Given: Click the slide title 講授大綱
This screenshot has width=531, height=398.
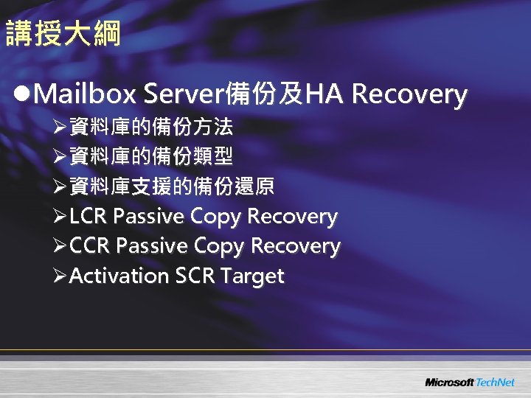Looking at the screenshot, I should (x=63, y=34).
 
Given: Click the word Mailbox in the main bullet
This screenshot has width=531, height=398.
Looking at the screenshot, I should (x=85, y=94).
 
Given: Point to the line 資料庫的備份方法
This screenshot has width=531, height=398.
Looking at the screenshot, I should (x=150, y=128).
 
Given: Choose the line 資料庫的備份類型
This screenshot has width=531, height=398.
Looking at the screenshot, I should (x=150, y=157).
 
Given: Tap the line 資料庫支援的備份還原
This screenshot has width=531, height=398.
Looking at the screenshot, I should (x=171, y=186).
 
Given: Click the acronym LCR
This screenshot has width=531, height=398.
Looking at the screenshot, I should (x=89, y=217).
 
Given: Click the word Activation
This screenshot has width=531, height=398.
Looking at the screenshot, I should (x=119, y=276).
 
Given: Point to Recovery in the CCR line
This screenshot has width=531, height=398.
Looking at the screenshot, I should (x=296, y=246).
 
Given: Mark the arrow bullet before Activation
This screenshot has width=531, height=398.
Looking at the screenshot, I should (x=60, y=276).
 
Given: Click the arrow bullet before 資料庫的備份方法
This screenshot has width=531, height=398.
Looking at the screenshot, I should (x=60, y=128).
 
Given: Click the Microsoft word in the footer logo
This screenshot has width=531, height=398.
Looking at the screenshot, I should (x=449, y=383).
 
